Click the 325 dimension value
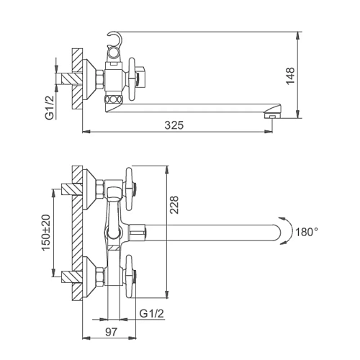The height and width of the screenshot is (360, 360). pos(174,125)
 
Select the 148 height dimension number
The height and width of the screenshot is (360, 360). pos(290,76)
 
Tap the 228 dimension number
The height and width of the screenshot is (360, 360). pos(174,204)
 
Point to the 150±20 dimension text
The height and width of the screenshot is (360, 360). pos(46,233)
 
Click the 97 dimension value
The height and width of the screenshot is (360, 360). pos(111,332)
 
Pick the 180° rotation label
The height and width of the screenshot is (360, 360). pos(307,232)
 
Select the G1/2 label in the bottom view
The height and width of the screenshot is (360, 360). pos(152,313)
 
